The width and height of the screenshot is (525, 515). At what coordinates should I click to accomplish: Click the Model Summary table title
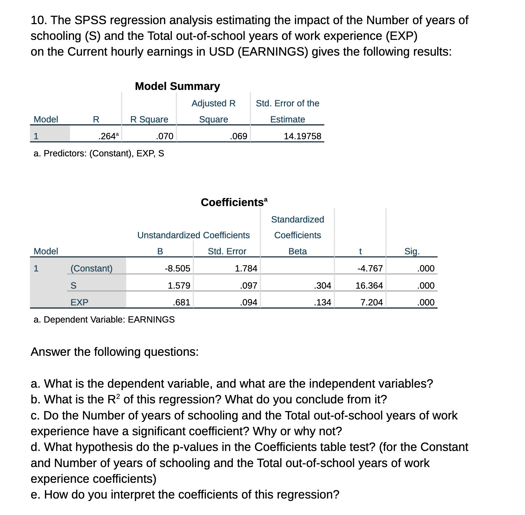[x=177, y=86]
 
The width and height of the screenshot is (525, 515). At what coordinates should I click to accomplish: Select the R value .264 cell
[x=108, y=136]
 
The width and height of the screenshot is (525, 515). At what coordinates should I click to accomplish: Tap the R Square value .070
[x=164, y=136]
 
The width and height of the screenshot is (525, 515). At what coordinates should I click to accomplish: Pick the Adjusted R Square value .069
[x=238, y=136]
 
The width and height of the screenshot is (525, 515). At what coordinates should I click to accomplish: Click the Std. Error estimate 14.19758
[x=302, y=136]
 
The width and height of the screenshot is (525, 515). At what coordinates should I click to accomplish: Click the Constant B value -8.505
[x=177, y=268]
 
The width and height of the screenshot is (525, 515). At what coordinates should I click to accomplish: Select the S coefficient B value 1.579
[x=179, y=285]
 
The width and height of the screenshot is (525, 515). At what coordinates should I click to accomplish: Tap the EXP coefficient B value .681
[x=181, y=302]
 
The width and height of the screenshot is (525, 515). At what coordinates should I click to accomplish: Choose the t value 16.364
[x=369, y=285]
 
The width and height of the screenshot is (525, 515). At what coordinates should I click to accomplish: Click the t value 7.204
[x=371, y=302]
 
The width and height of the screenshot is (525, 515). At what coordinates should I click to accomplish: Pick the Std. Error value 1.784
[x=246, y=268]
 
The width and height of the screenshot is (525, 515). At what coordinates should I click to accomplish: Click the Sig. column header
[x=412, y=251]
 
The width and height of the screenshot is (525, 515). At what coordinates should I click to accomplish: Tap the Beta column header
[x=297, y=251]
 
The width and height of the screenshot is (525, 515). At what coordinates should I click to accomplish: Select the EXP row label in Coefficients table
[x=79, y=302]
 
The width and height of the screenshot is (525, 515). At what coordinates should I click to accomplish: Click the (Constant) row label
[x=91, y=268]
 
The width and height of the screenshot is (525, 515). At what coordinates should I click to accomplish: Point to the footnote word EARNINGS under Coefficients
[x=151, y=319]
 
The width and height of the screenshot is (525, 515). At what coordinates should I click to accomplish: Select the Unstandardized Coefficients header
[x=193, y=235]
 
